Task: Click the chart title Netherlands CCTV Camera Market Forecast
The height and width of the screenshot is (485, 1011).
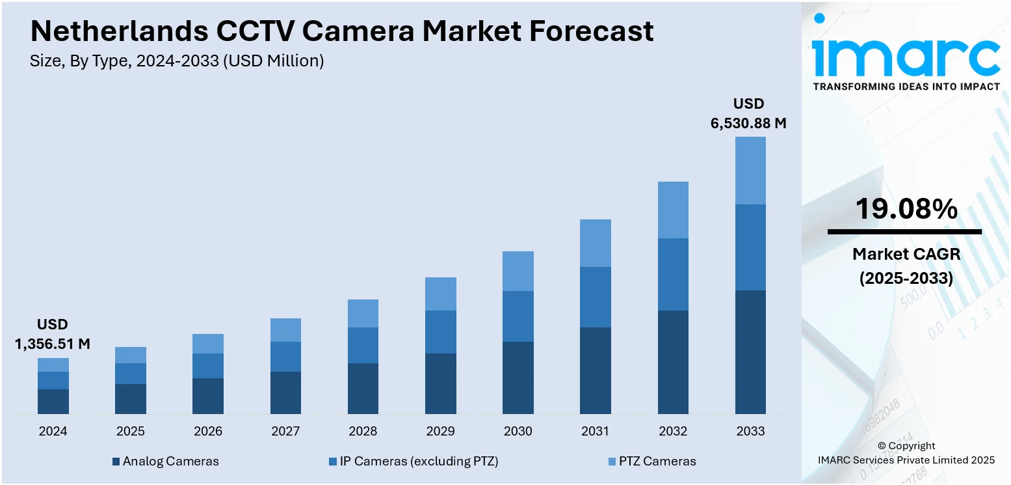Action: [342, 31]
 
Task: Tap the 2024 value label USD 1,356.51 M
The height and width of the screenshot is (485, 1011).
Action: [53, 335]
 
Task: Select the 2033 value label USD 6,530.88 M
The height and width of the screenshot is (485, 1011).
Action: [749, 113]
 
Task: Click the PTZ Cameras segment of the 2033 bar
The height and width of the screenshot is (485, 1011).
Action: [750, 171]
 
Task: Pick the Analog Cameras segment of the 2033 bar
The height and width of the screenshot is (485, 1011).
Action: [750, 352]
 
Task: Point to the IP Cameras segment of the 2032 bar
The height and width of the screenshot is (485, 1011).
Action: [673, 274]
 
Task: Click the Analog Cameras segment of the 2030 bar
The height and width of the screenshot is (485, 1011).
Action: [518, 378]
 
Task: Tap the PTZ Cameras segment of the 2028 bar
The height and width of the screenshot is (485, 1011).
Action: [363, 313]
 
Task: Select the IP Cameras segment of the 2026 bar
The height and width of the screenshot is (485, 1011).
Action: [208, 366]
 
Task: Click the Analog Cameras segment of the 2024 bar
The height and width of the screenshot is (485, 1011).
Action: [53, 401]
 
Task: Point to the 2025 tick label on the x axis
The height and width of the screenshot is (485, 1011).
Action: [131, 431]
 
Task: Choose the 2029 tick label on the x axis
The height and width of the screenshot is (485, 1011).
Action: [440, 431]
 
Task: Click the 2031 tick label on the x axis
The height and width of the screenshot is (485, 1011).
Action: [595, 431]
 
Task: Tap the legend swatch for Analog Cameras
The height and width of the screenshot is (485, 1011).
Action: [116, 462]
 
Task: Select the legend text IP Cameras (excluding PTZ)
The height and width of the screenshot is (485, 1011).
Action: [419, 462]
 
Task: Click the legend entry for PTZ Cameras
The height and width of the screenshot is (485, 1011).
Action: [651, 462]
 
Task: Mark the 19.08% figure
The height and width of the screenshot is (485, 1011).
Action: [906, 209]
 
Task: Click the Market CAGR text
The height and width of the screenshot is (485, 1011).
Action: [906, 254]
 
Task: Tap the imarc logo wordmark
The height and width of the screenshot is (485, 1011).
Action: [906, 57]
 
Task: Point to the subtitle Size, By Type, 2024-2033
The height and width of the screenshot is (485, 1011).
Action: [177, 61]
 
